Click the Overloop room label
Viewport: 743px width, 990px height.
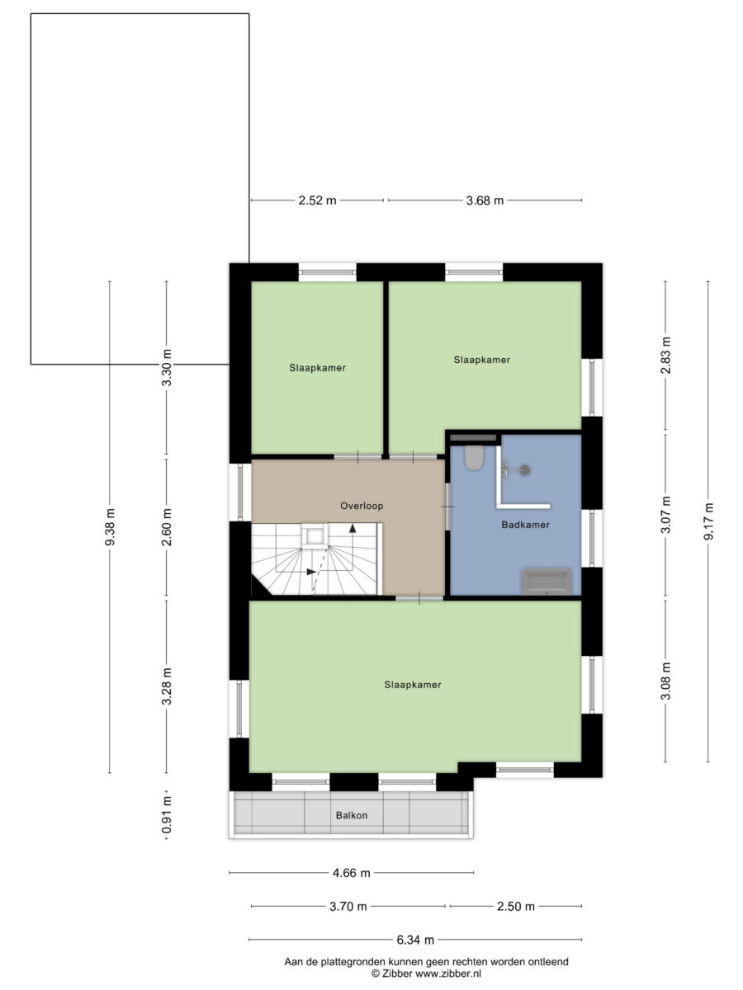[x=362, y=506]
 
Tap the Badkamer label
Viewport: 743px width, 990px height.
[x=525, y=525]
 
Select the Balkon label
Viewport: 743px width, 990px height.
[x=352, y=815]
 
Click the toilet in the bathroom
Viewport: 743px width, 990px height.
[x=474, y=457]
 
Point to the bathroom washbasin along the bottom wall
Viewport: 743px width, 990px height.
[x=547, y=581]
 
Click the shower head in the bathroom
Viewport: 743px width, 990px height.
[x=523, y=470]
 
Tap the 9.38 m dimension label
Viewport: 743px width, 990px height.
[x=110, y=527]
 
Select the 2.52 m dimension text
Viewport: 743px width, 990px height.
[x=317, y=200]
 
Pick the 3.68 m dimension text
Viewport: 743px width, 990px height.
[x=485, y=200]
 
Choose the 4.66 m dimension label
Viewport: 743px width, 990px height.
[x=351, y=873]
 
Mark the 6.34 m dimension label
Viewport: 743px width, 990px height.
[x=415, y=940]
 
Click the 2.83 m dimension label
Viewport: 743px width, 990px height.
[x=665, y=355]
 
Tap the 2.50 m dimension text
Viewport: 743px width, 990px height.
[x=516, y=906]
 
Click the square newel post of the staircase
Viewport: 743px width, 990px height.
[x=315, y=535]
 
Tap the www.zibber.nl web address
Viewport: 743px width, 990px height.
[x=448, y=973]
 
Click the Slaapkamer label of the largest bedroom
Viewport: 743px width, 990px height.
[x=412, y=685]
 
